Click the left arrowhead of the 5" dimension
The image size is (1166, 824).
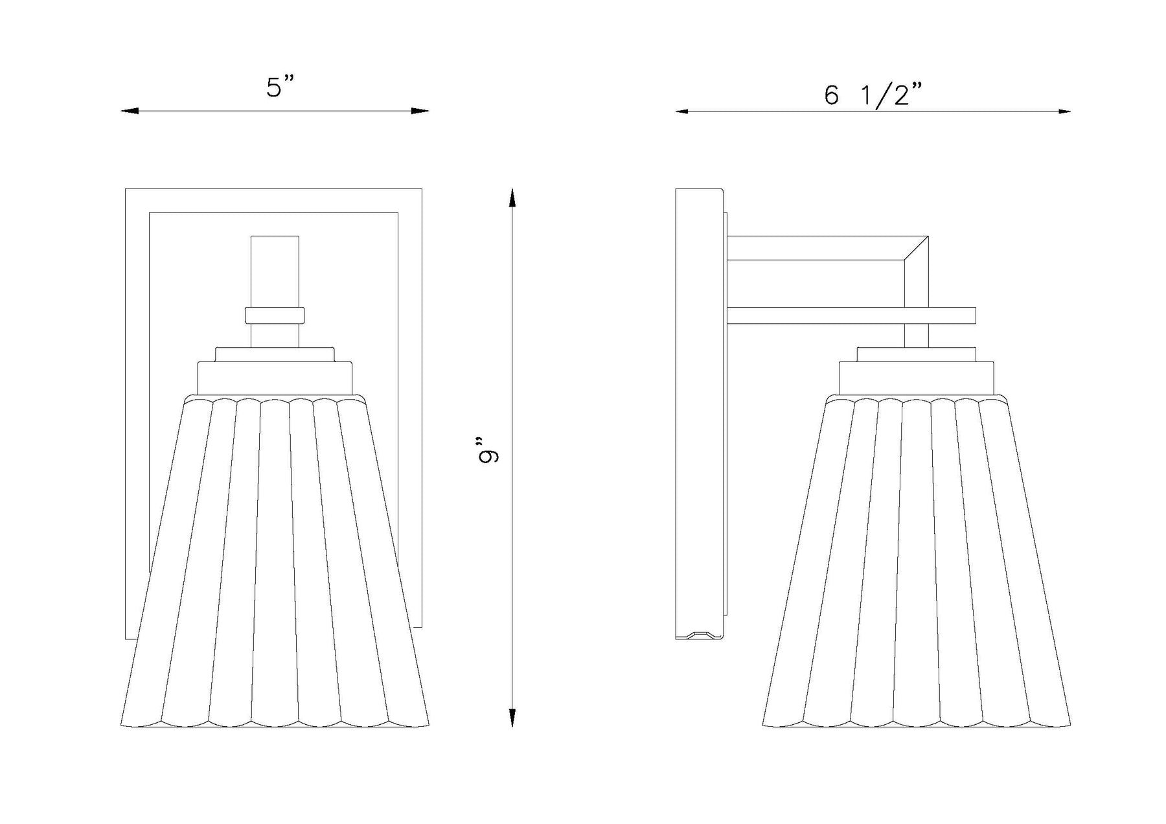coord(130,111)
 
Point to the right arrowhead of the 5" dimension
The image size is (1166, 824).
coord(420,111)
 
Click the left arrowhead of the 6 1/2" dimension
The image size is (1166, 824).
coord(685,111)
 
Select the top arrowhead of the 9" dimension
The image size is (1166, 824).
coord(512,198)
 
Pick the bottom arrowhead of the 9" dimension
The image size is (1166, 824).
coord(512,718)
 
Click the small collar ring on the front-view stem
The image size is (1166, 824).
coord(275,315)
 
